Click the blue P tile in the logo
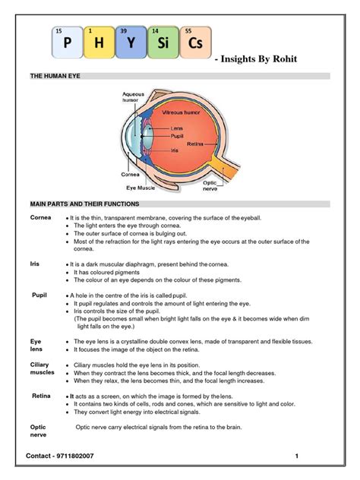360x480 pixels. pos(67,43)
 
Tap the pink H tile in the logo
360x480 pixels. pos(99,43)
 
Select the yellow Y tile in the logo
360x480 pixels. pos(131,43)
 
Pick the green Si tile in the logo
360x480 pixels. pos(163,43)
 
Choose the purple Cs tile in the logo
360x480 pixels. pos(195,43)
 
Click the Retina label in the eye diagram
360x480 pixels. pos(194,144)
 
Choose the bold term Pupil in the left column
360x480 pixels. pos(39,294)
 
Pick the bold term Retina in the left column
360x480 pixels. pos(41,396)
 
